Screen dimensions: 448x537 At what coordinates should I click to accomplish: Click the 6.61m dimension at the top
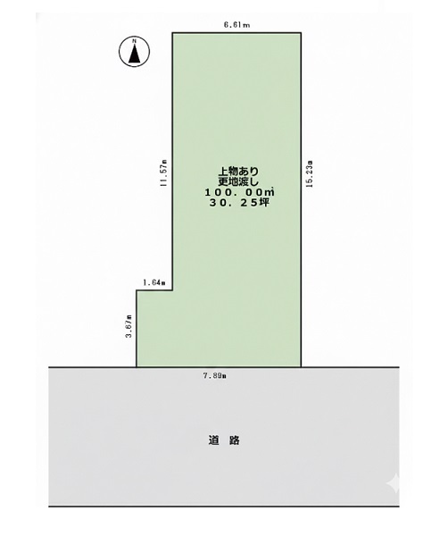click(x=236, y=25)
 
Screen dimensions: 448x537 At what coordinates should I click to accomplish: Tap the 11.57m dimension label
click(x=163, y=173)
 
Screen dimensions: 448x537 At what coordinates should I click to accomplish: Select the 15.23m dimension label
click(x=310, y=173)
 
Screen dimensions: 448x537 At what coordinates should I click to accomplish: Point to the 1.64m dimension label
click(x=154, y=283)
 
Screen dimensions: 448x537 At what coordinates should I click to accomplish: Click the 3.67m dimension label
click(x=129, y=326)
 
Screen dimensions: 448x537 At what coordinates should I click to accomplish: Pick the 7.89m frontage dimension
click(x=215, y=375)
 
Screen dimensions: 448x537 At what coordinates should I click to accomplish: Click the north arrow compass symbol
click(x=134, y=52)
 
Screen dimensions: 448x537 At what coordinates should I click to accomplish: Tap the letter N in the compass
click(x=135, y=41)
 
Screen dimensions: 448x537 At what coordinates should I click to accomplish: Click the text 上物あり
click(x=238, y=172)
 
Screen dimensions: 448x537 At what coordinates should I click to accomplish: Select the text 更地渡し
click(x=238, y=182)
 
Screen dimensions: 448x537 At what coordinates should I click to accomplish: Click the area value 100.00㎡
click(x=239, y=192)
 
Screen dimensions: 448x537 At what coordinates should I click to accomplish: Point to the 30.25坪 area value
click(x=239, y=203)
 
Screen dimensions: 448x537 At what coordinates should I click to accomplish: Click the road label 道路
click(x=224, y=441)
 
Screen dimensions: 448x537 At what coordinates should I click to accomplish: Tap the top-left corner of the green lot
click(x=172, y=33)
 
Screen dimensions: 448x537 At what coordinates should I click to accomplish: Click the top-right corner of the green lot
click(x=301, y=33)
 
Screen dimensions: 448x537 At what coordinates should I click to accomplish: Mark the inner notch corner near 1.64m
click(x=172, y=290)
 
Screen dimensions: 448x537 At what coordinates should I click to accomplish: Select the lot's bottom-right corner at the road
click(x=301, y=367)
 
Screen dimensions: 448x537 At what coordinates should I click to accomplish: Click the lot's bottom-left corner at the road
click(x=137, y=367)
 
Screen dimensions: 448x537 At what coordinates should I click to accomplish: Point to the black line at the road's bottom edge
click(x=224, y=506)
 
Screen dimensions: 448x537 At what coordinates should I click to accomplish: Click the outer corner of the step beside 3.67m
click(x=137, y=290)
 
